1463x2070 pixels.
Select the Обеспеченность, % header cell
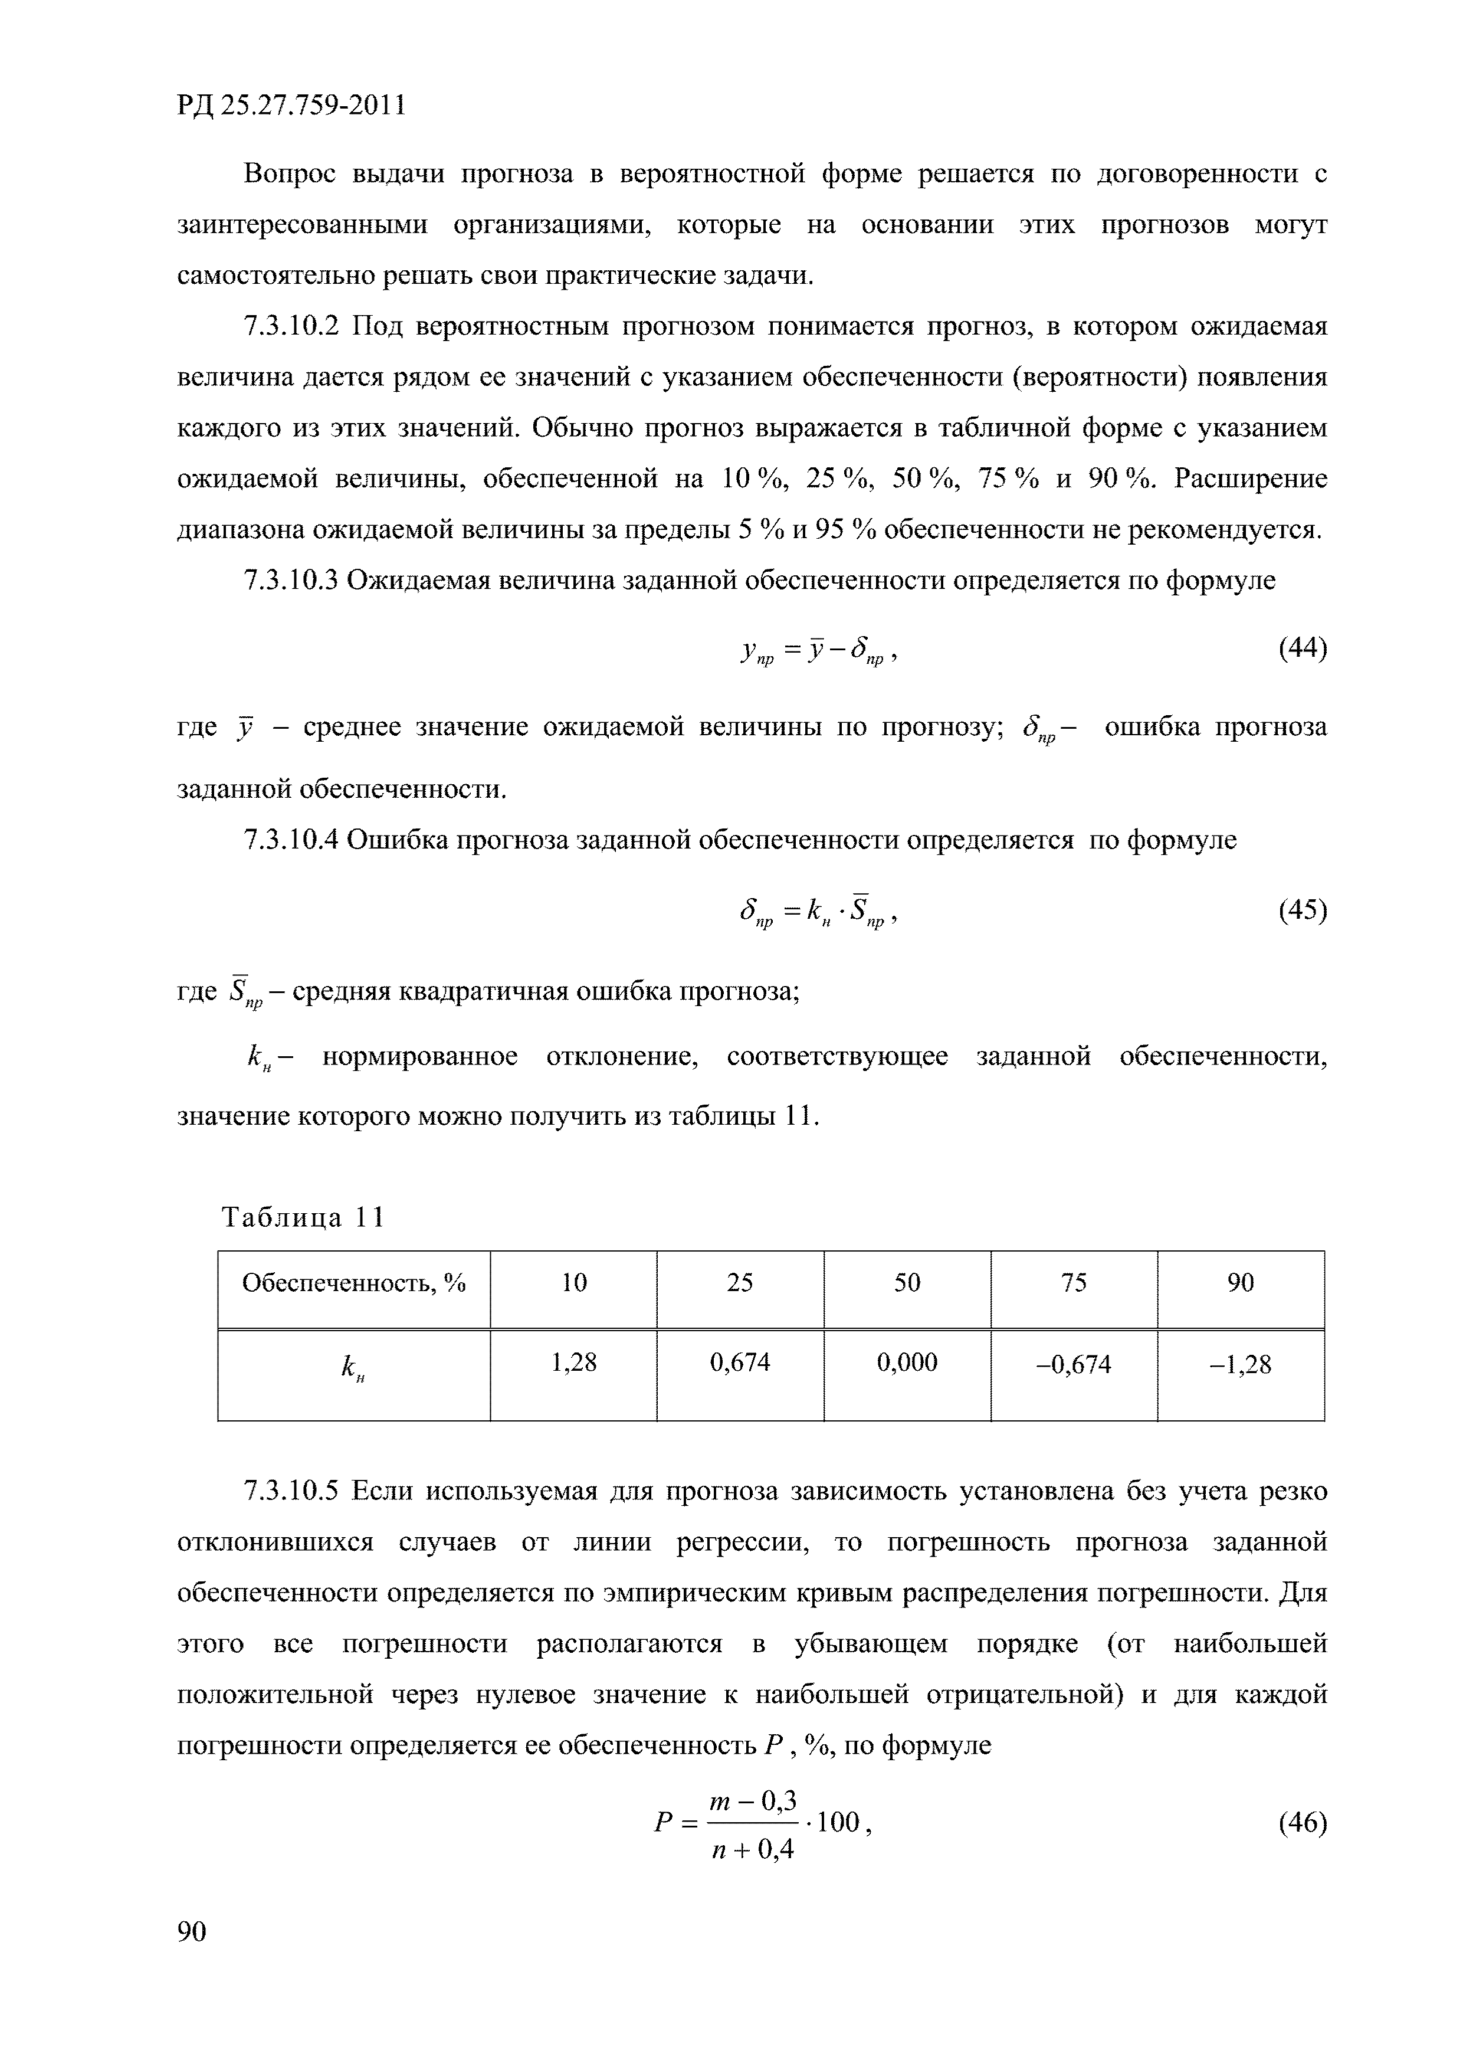coord(353,1283)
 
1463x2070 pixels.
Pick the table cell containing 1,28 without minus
coord(573,1362)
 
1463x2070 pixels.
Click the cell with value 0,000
coord(907,1362)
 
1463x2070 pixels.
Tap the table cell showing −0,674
coord(1074,1365)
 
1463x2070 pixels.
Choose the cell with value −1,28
coord(1241,1365)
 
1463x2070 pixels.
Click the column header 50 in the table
coord(907,1283)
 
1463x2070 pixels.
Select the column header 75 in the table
coord(1074,1283)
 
